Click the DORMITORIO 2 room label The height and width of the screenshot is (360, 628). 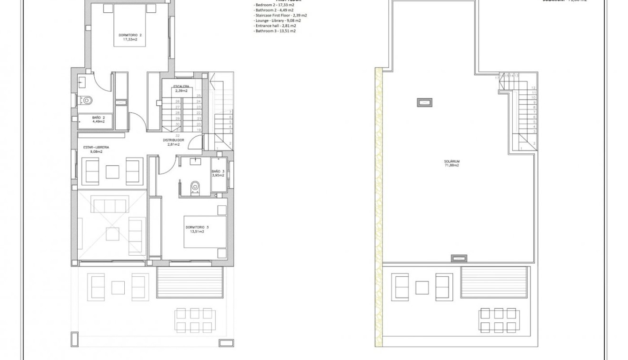pyautogui.click(x=130, y=37)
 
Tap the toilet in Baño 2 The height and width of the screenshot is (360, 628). pyautogui.click(x=87, y=100)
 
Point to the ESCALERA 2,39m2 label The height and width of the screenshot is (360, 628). pyautogui.click(x=181, y=89)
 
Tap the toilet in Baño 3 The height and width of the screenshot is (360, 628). pyautogui.click(x=195, y=188)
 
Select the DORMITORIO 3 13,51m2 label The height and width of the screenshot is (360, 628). pyautogui.click(x=197, y=230)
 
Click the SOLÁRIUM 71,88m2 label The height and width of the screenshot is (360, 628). pyautogui.click(x=452, y=163)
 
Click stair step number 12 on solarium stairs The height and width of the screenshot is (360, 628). pyautogui.click(x=534, y=88)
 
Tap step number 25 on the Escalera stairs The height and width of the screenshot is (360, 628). pyautogui.click(x=198, y=96)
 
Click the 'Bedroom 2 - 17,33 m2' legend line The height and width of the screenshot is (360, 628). pyautogui.click(x=274, y=5)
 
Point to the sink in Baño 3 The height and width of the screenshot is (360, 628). pyautogui.click(x=196, y=161)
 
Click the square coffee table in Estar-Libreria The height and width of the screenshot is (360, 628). pyautogui.click(x=112, y=171)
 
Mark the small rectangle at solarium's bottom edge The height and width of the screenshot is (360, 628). pyautogui.click(x=459, y=258)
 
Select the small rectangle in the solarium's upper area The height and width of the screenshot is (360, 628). pyautogui.click(x=424, y=102)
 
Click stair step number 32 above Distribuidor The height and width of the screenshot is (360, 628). pyautogui.click(x=178, y=136)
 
